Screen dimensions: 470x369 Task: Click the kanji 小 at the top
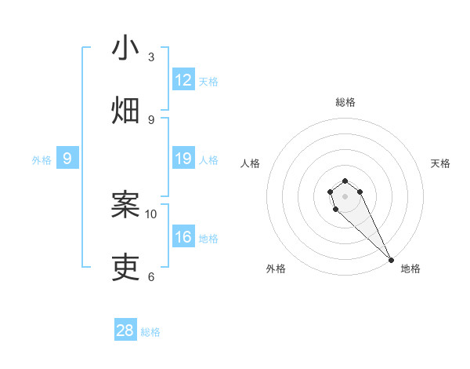125,48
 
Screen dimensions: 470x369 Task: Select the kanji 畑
125,111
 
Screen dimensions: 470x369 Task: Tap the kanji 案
125,205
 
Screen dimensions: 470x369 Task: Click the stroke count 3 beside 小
151,57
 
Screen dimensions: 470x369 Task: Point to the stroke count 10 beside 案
151,214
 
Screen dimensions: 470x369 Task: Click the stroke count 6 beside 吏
151,276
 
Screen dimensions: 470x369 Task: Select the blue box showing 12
183,80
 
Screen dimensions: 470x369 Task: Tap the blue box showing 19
183,159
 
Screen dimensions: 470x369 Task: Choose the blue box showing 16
183,237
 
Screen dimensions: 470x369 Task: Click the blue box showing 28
125,331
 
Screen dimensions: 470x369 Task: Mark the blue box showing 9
67,159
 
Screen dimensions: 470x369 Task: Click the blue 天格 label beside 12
208,82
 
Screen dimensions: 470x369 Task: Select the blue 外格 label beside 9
42,160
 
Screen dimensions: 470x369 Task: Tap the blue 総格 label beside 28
150,332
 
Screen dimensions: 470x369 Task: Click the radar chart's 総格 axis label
345,102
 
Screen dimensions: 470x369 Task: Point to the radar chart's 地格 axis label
410,269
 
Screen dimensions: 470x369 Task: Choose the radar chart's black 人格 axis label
251,163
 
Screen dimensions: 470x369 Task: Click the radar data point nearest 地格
391,259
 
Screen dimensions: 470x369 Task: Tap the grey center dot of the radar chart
345,196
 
